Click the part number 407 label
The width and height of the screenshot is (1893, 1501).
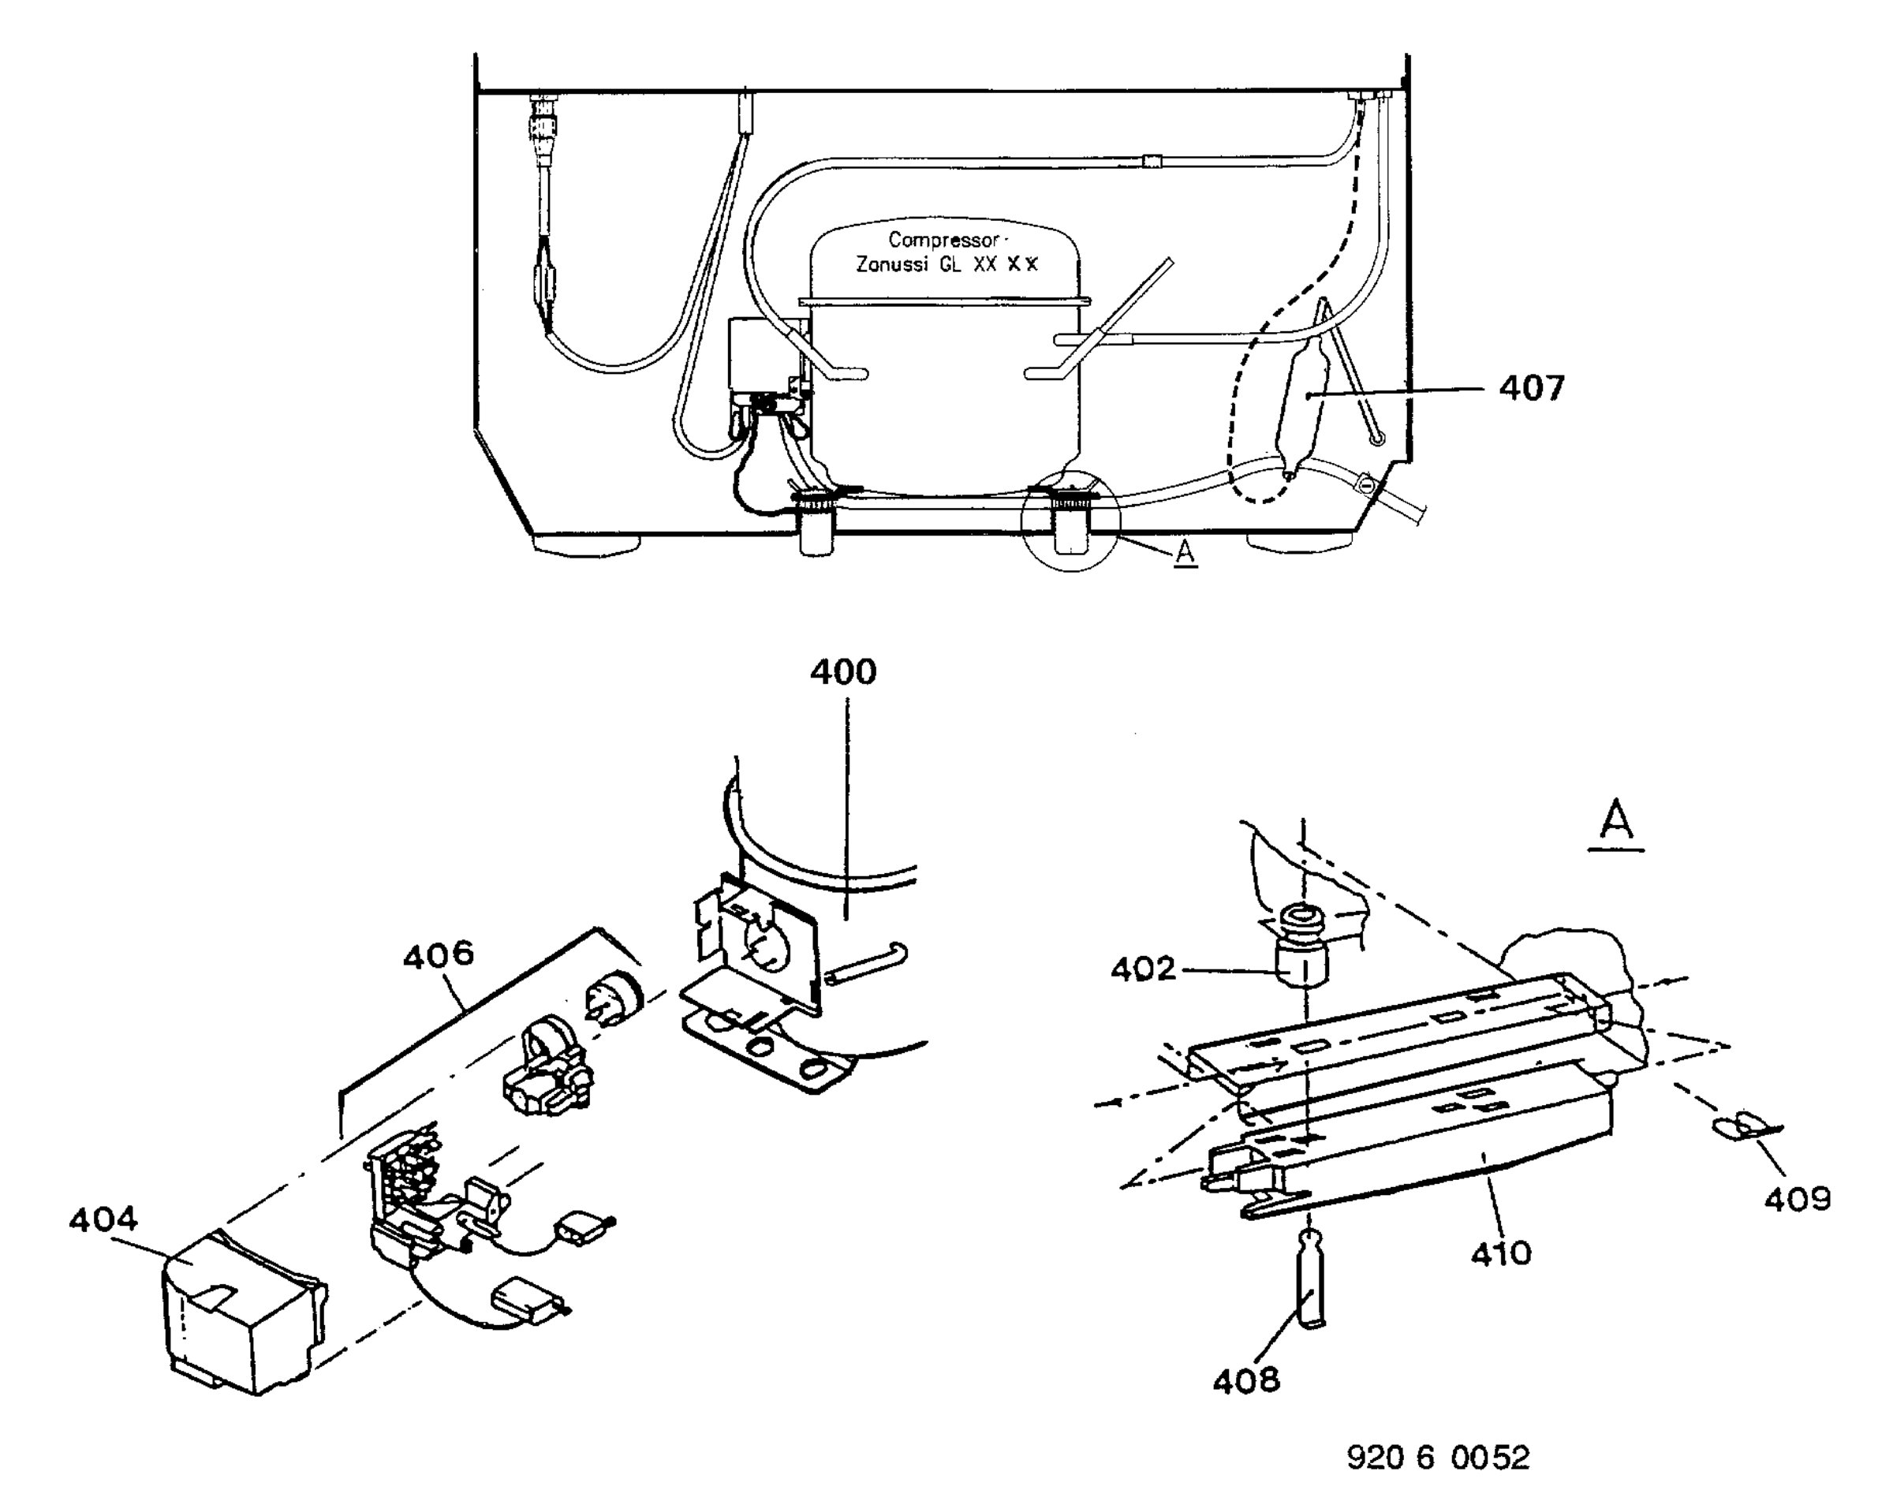(1531, 387)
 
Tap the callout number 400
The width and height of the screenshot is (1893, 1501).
(843, 672)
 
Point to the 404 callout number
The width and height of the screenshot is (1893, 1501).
(103, 1219)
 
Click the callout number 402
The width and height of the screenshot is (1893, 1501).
(1142, 969)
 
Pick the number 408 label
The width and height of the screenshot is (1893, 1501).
(1246, 1382)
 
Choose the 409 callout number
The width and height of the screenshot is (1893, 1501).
(1798, 1199)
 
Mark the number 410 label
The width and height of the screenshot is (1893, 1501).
(1502, 1253)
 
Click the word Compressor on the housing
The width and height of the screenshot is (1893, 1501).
(943, 240)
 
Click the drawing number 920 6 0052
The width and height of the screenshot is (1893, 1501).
(1438, 1458)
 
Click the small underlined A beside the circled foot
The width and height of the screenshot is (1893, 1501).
(1185, 554)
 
